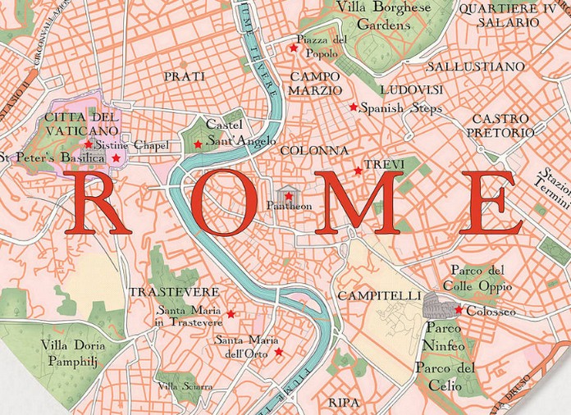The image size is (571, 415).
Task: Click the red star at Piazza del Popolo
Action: [x=293, y=48]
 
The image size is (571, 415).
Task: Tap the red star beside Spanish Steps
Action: [x=354, y=107]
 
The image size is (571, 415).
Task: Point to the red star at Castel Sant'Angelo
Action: [x=197, y=144]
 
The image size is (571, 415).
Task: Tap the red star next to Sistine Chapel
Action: [x=89, y=144]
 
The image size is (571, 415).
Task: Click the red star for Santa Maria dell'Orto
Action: [x=279, y=352]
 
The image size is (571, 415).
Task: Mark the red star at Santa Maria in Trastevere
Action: [x=231, y=314]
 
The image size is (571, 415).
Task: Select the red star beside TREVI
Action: [x=358, y=171]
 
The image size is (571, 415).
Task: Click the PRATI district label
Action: [x=185, y=76]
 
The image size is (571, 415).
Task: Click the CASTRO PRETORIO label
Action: [x=500, y=125]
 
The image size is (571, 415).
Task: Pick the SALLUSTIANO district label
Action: [x=476, y=66]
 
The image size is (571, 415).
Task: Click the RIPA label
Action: [x=344, y=403]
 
